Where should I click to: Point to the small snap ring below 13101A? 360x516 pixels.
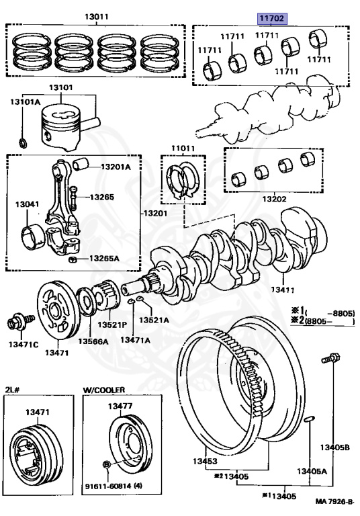[x=24, y=142]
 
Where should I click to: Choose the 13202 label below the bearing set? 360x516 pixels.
[x=275, y=200]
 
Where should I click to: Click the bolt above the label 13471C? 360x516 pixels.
[x=15, y=323]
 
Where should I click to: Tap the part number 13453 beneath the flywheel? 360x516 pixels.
[x=206, y=461]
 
